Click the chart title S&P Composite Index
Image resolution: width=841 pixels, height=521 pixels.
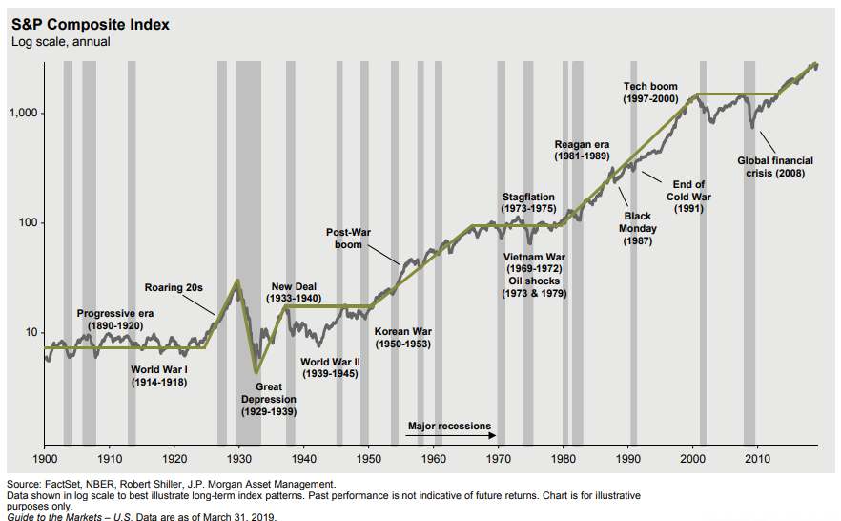[91, 24]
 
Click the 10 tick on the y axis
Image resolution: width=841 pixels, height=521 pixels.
[29, 333]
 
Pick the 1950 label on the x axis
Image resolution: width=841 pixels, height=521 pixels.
[368, 459]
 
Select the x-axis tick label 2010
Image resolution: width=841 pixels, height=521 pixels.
[757, 459]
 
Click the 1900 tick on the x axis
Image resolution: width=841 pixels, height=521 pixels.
[45, 459]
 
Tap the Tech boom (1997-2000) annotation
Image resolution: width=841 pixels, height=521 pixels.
[650, 93]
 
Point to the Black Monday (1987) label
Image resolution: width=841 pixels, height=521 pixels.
[638, 229]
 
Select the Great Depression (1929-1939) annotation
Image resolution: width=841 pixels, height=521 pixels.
[269, 399]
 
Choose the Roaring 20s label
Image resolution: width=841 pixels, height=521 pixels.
[175, 287]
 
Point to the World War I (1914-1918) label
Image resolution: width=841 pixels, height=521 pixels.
[159, 375]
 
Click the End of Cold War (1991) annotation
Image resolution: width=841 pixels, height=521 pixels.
[688, 197]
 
